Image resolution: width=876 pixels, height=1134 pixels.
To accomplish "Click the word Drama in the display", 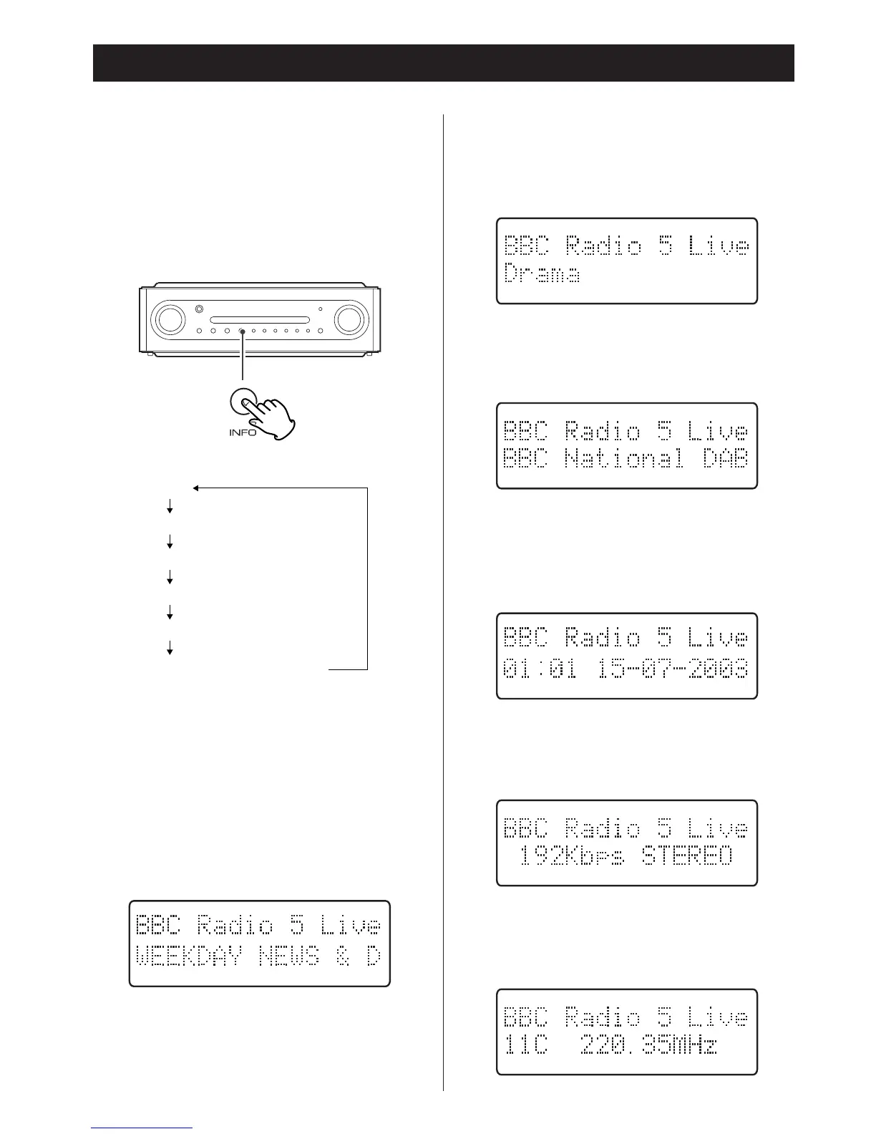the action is point(542,274).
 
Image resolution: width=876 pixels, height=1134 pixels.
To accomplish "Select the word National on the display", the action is point(623,459).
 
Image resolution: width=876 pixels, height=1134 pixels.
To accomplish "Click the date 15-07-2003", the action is point(673,670).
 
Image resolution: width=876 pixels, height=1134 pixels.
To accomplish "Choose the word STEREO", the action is point(688,856).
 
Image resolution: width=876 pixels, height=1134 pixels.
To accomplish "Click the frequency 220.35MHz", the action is point(648,1046).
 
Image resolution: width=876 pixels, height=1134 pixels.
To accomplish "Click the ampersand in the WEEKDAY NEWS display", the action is point(343,956).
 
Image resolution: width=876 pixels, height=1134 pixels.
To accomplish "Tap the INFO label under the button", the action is point(243,433).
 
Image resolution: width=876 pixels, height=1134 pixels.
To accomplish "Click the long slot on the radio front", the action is point(259,319).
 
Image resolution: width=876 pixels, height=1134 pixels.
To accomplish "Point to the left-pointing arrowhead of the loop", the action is point(195,489).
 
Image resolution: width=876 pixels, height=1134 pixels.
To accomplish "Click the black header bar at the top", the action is point(443,63).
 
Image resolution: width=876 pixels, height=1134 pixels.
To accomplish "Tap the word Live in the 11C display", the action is point(718,1017).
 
